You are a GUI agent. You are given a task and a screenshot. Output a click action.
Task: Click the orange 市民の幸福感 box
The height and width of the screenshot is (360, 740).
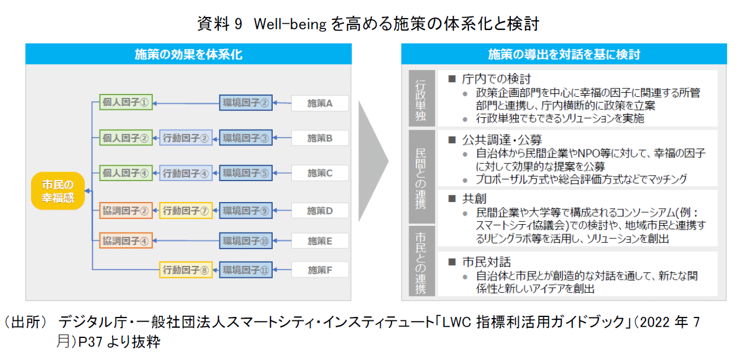coord(57,191)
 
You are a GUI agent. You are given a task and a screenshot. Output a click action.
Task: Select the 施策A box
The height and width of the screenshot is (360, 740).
coord(320,103)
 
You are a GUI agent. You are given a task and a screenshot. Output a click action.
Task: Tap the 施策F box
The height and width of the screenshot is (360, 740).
coord(320,270)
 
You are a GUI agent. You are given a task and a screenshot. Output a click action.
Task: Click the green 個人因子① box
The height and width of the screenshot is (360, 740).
coord(126,102)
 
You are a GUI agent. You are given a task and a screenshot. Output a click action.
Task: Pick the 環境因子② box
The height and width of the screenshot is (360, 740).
coord(246,103)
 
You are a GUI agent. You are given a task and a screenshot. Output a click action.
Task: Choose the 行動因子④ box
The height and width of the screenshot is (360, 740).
coord(186,173)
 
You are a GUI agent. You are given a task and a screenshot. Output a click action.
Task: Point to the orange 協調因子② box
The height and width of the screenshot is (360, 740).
coord(126,211)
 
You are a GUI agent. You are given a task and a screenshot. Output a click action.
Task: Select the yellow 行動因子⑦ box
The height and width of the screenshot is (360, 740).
coord(186,211)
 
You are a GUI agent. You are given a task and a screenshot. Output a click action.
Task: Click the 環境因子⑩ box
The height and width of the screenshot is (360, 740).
coord(246,241)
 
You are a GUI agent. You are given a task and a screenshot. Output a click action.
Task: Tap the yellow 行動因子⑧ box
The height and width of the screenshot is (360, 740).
coord(186,270)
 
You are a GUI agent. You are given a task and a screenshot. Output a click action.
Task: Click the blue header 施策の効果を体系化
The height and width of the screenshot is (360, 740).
coord(188,54)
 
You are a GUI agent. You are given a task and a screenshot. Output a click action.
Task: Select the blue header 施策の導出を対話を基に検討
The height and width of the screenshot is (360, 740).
coord(563,54)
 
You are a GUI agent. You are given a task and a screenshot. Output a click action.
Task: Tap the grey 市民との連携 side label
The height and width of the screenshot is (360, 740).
coord(420,260)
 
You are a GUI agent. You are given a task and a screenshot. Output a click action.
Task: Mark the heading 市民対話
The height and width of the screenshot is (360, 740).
coord(487,262)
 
